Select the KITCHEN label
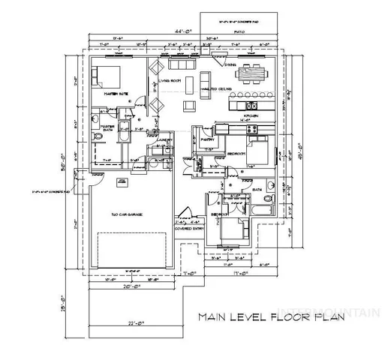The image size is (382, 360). click(250, 116)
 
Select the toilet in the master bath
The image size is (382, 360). click(100, 139)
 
